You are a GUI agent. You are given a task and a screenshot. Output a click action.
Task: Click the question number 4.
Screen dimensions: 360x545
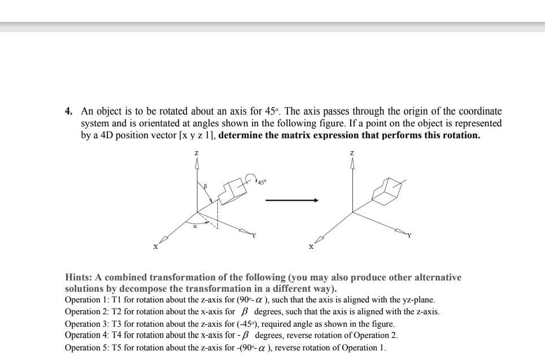point(68,112)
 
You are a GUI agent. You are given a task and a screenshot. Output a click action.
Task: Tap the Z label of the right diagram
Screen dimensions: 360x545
point(352,153)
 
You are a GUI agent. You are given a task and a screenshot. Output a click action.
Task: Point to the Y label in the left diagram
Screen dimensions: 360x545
point(254,236)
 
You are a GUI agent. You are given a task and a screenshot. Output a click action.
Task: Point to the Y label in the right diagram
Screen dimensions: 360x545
point(410,236)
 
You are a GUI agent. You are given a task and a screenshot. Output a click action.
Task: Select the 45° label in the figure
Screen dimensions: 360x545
point(261,182)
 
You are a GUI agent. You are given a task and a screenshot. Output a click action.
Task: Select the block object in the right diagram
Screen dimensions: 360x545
point(387,191)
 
